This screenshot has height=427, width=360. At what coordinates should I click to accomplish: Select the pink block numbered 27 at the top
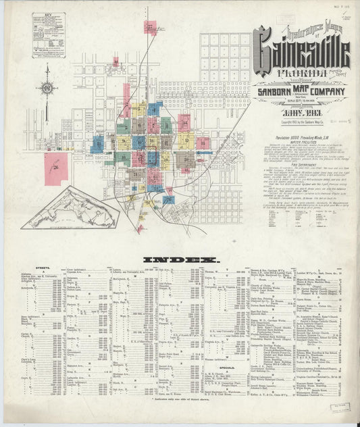click(x=151, y=28)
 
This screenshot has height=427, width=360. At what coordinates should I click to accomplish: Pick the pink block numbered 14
click(x=184, y=123)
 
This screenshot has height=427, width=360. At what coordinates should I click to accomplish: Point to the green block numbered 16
click(x=124, y=127)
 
